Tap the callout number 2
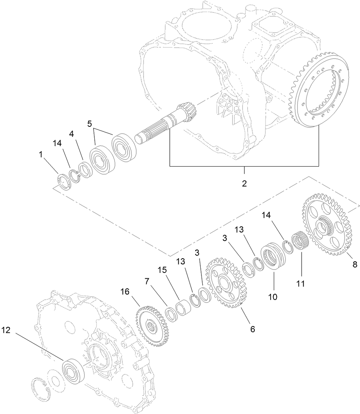point(244,183)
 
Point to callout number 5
point(90,124)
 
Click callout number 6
point(253,329)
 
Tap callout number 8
point(355,265)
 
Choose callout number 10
point(273,296)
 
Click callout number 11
point(301,283)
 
